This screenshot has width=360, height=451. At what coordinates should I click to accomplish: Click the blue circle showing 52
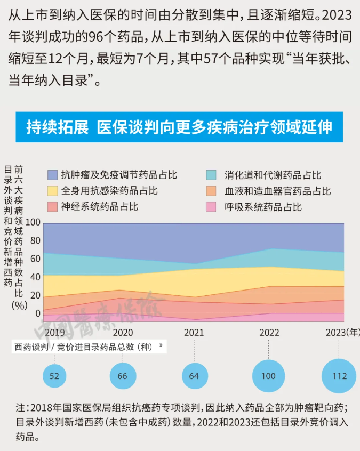coord(54,376)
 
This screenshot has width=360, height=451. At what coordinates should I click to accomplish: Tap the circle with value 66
coord(123,376)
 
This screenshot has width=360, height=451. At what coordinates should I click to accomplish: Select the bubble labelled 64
coord(194,376)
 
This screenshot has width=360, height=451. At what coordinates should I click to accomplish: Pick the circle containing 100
coord(268,376)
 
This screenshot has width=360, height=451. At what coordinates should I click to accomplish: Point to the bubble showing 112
coord(339,376)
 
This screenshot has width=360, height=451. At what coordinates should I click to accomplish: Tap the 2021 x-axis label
coord(194,333)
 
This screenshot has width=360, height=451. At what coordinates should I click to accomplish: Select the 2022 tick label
coord(269,333)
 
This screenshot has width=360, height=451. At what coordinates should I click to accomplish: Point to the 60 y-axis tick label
coord(35,259)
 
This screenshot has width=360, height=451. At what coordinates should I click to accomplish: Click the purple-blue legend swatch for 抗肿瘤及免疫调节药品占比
coord(52,175)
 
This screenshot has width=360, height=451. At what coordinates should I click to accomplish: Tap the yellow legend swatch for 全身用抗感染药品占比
coord(52,190)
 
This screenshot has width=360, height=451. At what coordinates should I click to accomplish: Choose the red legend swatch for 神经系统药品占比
coord(52,206)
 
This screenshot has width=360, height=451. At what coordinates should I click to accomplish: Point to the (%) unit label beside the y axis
coord(19,305)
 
